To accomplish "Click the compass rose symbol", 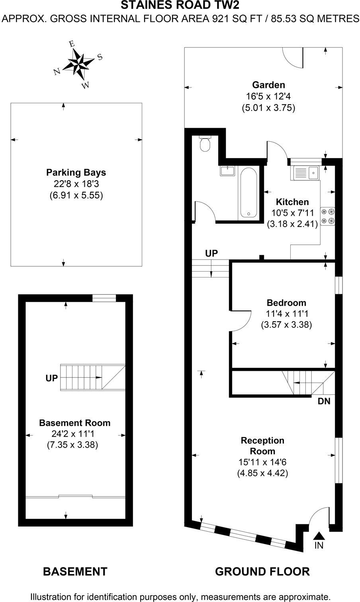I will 78,63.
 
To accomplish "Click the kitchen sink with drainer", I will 306,173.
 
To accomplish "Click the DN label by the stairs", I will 324,401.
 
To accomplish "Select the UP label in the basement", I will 51,378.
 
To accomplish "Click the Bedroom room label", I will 286,303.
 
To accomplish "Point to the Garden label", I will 268,85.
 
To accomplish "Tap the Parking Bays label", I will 76,173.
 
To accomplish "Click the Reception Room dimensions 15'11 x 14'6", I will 262,462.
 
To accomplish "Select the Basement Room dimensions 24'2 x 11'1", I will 74,434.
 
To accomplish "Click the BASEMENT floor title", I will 75,572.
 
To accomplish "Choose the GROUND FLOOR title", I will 262,572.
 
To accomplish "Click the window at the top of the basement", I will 104,298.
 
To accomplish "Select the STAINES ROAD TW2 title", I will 180,5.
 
